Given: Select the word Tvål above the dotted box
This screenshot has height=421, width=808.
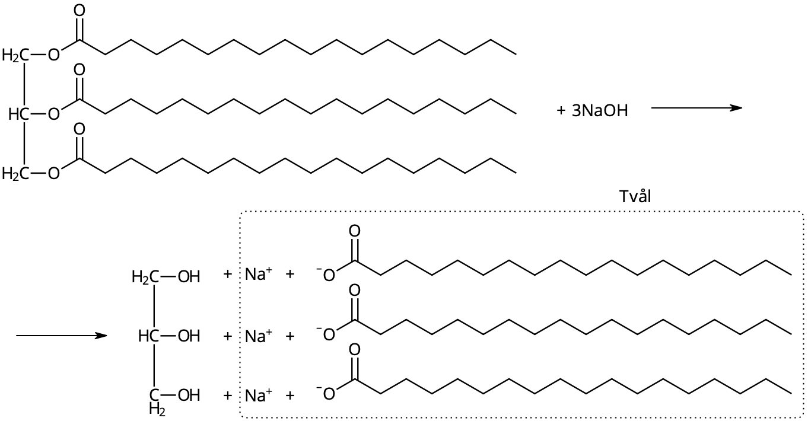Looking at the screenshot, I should point(634,196).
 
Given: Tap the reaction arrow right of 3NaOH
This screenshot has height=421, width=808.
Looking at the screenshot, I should point(696,108).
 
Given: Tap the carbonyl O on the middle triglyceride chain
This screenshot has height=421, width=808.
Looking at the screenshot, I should point(79,70).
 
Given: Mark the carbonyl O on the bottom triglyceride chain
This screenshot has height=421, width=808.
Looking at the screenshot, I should point(79,129).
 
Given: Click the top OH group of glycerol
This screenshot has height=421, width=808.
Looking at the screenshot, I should point(189,276).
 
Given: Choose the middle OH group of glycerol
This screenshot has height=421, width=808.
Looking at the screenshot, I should point(189,337).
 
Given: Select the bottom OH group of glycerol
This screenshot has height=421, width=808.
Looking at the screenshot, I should point(189,395).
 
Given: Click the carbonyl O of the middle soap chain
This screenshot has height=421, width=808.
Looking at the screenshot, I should point(355,291).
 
